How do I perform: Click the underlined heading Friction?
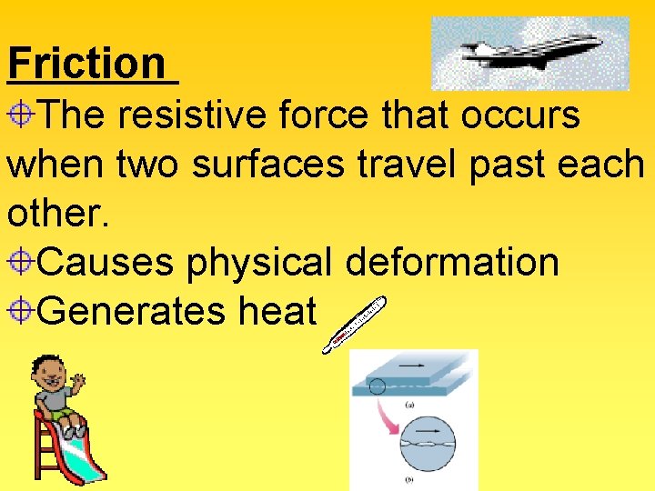tap(86, 64)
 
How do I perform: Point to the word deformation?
tap(452, 263)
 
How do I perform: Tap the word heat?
tap(277, 312)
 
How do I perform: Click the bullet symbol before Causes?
tap(23, 263)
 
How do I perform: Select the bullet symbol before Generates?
tap(23, 312)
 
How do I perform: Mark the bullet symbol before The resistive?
tap(23, 115)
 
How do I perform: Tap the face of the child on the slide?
tap(47, 373)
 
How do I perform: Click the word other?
tap(56, 214)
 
